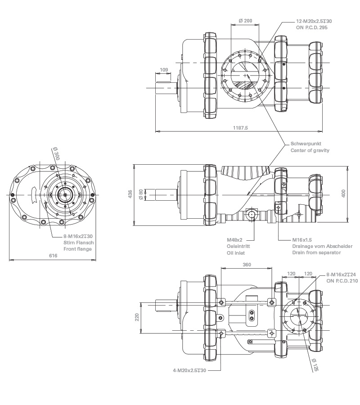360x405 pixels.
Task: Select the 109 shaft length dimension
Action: click(x=164, y=70)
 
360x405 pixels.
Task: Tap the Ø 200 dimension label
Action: click(x=245, y=21)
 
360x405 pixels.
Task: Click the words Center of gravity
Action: click(x=310, y=150)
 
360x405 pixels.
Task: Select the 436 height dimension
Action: click(x=130, y=194)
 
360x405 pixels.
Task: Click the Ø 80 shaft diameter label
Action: click(x=141, y=194)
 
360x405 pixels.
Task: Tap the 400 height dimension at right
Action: click(x=343, y=193)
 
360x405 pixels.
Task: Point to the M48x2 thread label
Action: click(x=234, y=239)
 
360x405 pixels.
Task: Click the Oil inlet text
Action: click(x=234, y=253)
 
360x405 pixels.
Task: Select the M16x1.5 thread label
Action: click(x=301, y=239)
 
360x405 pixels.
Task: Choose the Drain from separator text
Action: click(x=316, y=253)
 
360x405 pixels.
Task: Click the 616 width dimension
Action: click(x=53, y=256)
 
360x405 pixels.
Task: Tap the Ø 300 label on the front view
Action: click(x=56, y=154)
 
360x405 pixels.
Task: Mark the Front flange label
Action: click(x=78, y=249)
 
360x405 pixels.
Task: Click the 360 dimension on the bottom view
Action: click(x=247, y=265)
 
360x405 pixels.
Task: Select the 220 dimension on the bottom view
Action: click(x=137, y=317)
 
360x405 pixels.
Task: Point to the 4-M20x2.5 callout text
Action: click(x=189, y=370)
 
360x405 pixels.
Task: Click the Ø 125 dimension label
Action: click(x=315, y=365)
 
